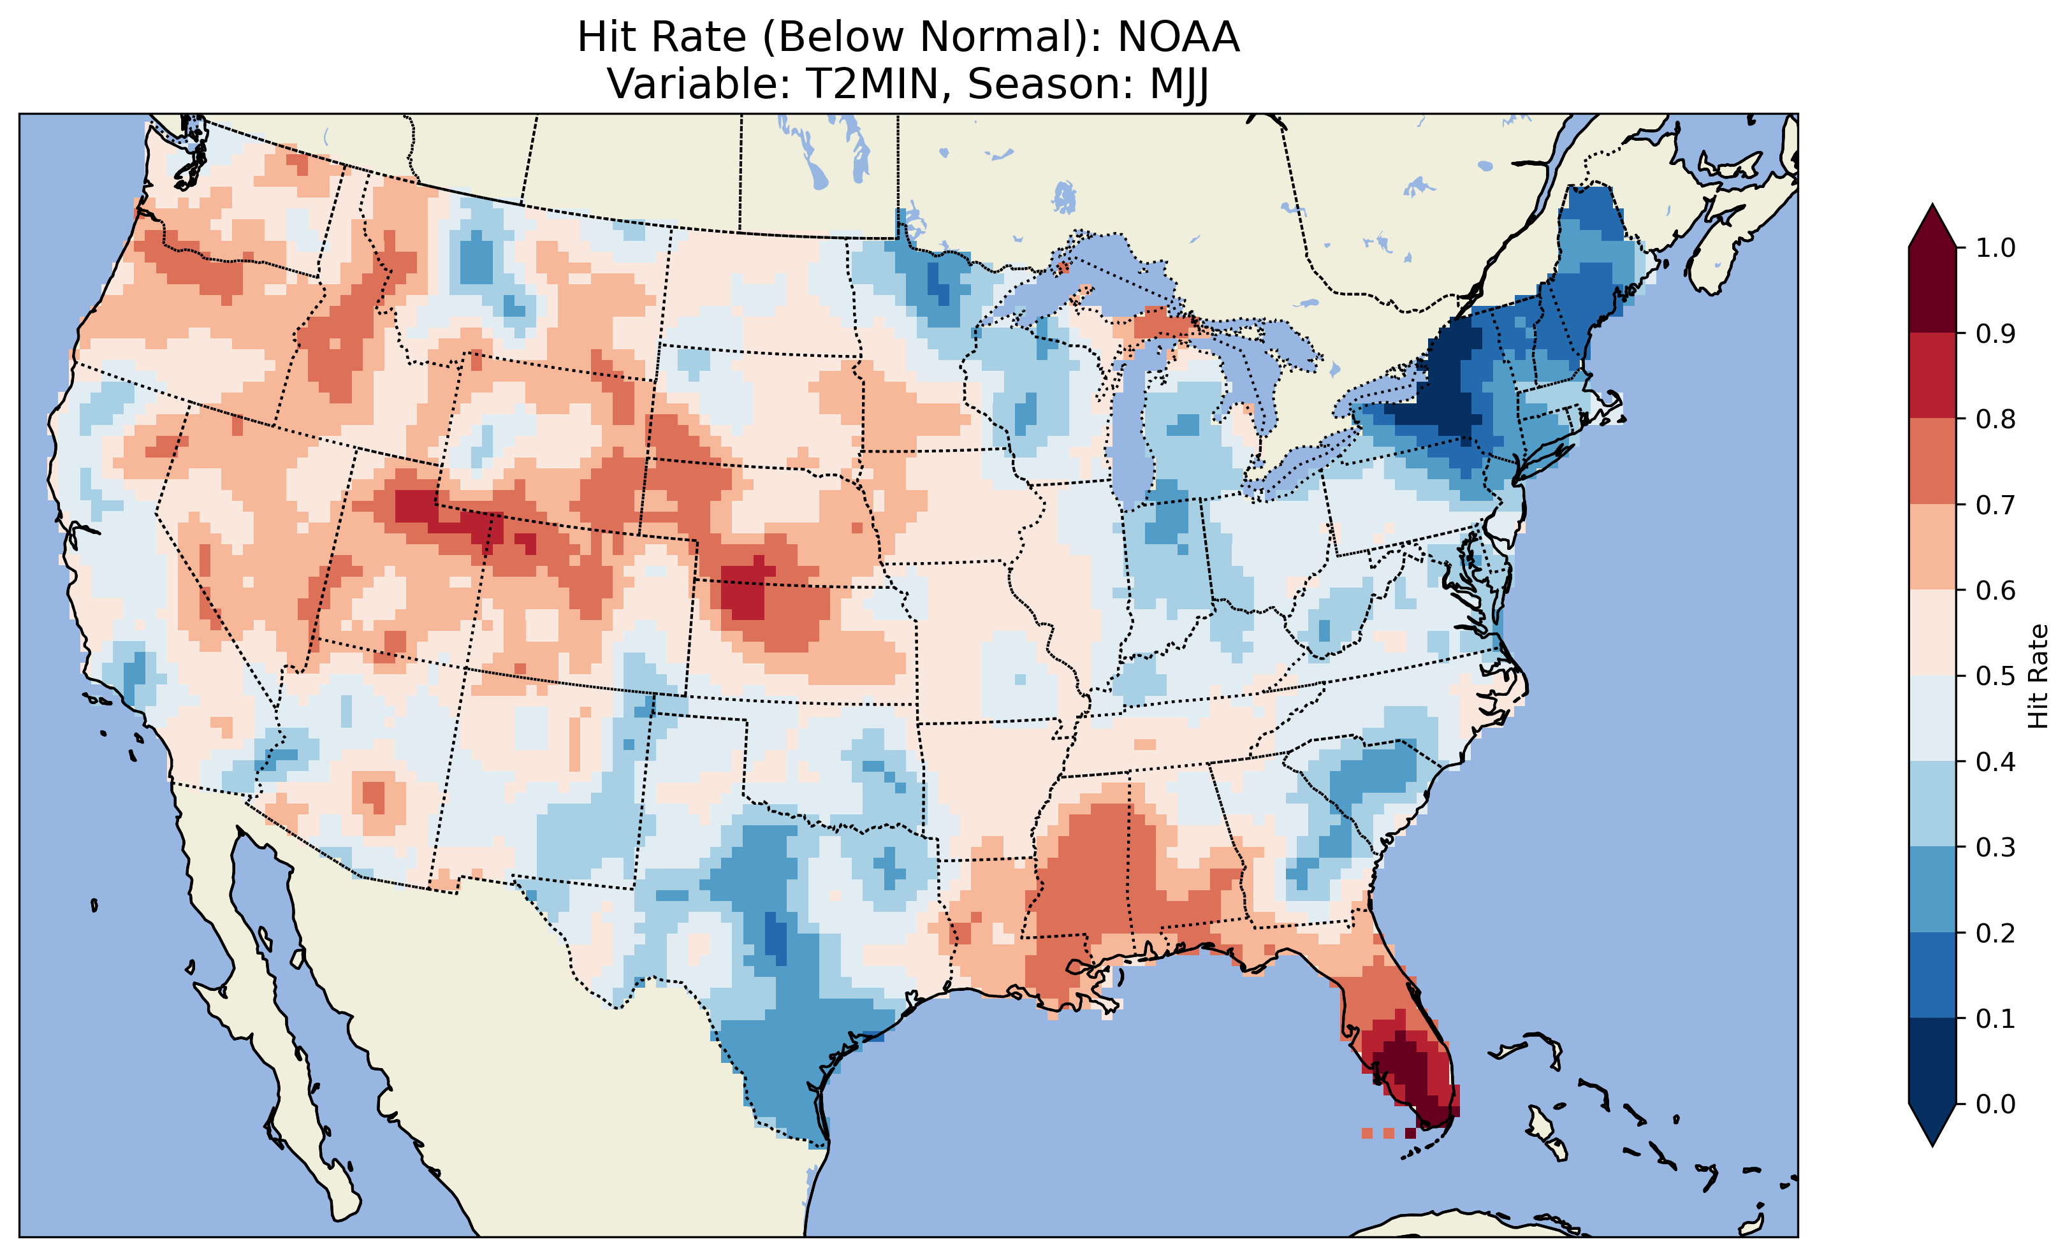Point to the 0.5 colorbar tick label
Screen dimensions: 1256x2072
(x=1995, y=676)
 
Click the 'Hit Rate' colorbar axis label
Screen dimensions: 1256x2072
(x=2038, y=676)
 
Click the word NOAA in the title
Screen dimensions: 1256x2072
(x=1178, y=38)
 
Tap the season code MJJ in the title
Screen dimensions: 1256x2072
(x=1173, y=84)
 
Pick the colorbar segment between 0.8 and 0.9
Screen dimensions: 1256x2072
(x=1932, y=376)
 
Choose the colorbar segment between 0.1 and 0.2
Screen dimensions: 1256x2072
(x=1932, y=975)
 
